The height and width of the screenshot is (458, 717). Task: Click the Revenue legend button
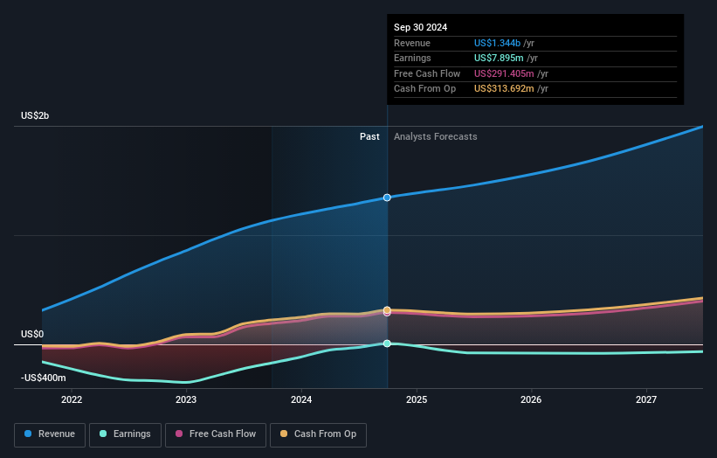[50, 434]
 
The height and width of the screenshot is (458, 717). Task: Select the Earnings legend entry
[125, 434]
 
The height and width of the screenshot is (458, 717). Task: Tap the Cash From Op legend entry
[318, 434]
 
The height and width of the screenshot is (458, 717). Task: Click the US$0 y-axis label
[32, 335]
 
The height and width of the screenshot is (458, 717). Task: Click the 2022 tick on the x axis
[72, 399]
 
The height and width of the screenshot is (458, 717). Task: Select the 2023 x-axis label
[186, 399]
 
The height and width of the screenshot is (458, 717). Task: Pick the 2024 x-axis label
[301, 399]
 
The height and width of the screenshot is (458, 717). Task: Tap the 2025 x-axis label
[417, 399]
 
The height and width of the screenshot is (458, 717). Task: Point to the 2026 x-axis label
[531, 399]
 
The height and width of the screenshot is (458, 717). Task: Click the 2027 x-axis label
[646, 399]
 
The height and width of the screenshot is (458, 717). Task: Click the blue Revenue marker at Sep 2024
[387, 198]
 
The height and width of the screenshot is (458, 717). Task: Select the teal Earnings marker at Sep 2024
[387, 343]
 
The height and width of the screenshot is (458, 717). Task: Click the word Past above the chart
[369, 136]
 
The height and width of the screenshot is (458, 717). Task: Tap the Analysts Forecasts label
[436, 136]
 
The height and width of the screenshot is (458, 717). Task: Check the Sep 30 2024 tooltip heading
[420, 27]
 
